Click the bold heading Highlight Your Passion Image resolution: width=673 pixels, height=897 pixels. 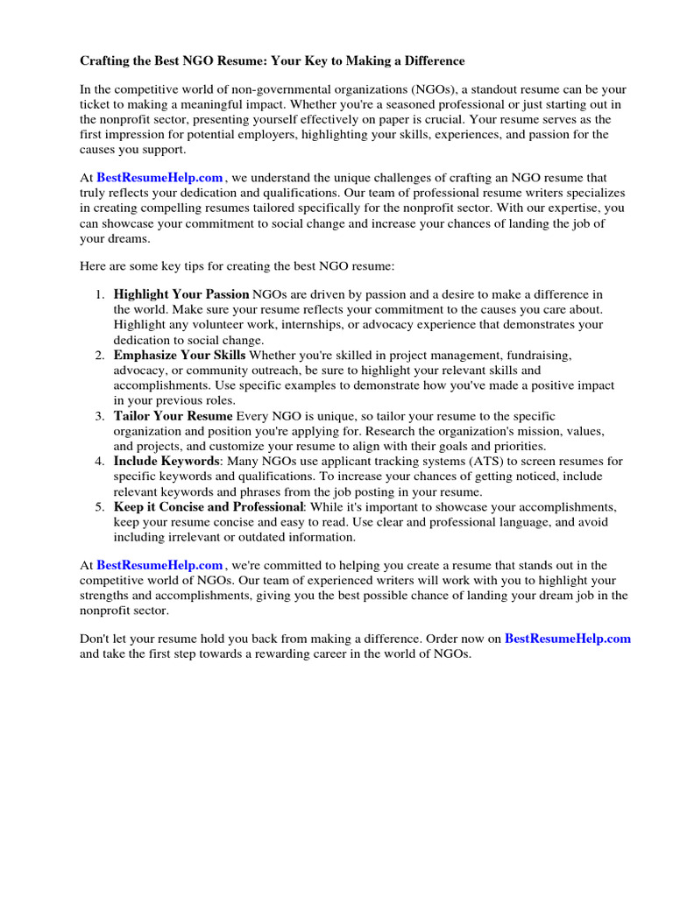(181, 294)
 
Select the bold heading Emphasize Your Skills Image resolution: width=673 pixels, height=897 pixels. (180, 355)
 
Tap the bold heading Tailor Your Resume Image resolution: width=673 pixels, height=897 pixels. (174, 415)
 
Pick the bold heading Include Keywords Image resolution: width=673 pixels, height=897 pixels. (166, 461)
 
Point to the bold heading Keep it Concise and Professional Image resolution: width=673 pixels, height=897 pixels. (209, 506)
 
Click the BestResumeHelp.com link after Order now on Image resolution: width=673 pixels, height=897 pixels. (568, 639)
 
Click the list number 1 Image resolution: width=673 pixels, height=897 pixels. (100, 294)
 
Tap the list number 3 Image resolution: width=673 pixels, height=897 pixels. (100, 415)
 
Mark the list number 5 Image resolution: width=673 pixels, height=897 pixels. (100, 506)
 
